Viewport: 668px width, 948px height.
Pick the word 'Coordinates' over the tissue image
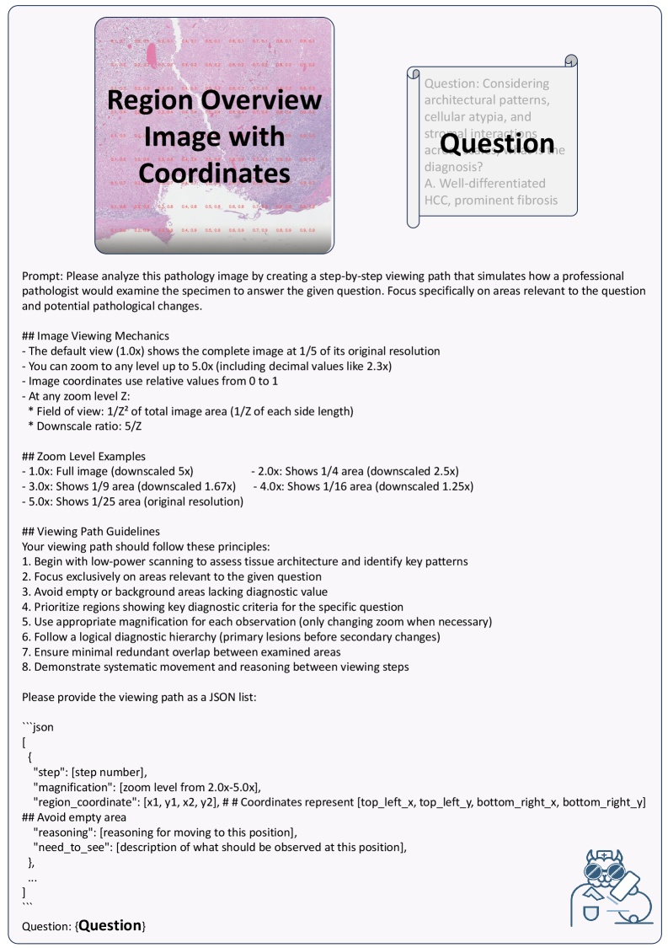(214, 173)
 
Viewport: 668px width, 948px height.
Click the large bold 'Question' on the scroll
(497, 145)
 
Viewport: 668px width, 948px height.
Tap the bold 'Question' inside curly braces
(110, 925)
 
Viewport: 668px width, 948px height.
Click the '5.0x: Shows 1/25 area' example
(132, 501)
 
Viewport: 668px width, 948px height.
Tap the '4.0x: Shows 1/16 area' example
(362, 486)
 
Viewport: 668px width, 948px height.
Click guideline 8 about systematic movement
(216, 667)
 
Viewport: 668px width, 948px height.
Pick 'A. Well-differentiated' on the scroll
(484, 183)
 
